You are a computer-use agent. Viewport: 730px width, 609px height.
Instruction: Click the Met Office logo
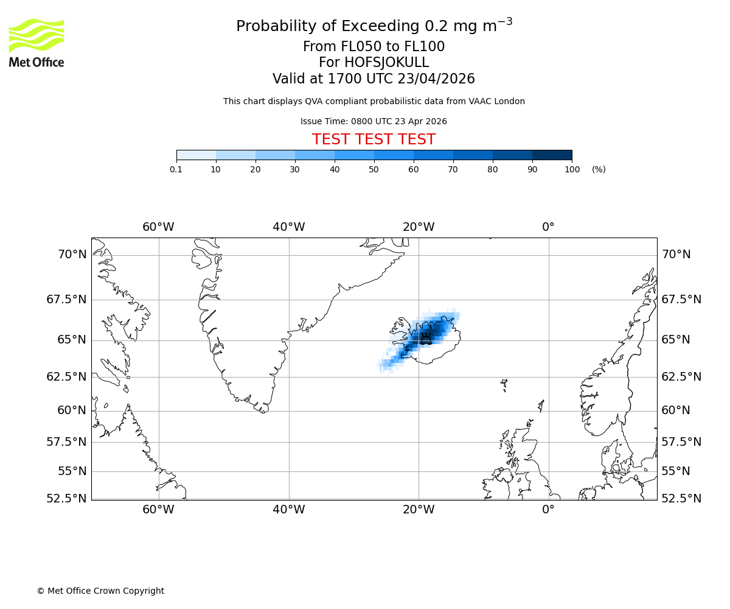click(x=36, y=43)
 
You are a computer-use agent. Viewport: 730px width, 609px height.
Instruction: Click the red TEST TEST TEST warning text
click(x=374, y=139)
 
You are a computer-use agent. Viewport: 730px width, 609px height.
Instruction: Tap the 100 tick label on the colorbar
click(x=572, y=169)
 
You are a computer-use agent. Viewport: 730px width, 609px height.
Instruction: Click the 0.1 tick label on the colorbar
click(x=176, y=169)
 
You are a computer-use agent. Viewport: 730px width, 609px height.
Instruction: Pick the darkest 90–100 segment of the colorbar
click(x=552, y=155)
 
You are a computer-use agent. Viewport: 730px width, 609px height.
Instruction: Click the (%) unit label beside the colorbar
click(x=599, y=169)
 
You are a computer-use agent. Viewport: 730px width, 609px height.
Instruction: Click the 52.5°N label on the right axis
click(x=681, y=498)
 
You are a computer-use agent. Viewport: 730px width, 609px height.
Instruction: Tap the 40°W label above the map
click(x=288, y=227)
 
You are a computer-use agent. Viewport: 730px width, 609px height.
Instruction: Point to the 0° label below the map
click(x=548, y=509)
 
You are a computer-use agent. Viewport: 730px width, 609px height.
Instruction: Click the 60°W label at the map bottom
click(x=158, y=509)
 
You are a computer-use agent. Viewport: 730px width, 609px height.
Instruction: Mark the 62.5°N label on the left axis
click(x=67, y=376)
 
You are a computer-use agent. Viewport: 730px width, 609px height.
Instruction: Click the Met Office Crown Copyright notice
click(x=100, y=591)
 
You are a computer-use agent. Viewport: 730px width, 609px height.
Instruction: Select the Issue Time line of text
click(x=374, y=121)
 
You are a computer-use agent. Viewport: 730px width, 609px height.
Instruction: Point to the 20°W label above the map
click(x=419, y=227)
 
